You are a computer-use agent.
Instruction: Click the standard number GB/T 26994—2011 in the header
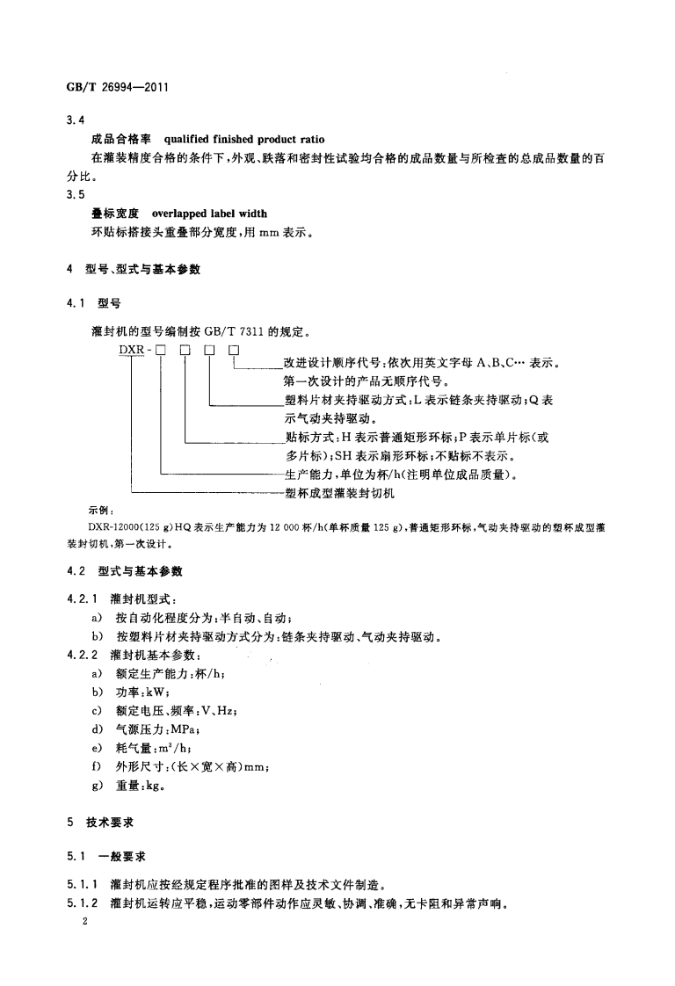117,89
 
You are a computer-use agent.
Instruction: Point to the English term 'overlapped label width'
209,214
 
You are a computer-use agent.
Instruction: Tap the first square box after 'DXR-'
162,352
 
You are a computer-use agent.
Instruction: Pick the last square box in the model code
234,352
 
